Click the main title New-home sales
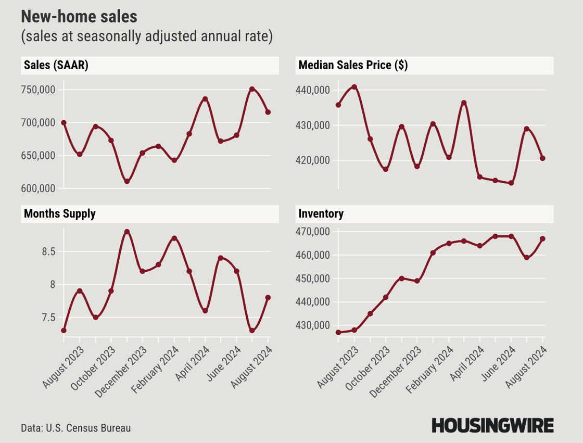(x=79, y=17)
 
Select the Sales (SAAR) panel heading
(x=55, y=66)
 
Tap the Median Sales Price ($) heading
(x=352, y=66)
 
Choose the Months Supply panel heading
(x=59, y=213)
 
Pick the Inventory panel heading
(x=320, y=213)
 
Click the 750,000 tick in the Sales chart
(x=40, y=90)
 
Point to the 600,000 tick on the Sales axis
(x=40, y=188)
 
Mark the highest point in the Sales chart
(x=252, y=89)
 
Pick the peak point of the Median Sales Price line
(x=354, y=87)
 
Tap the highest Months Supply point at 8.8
(x=126, y=232)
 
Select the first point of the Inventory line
(x=338, y=332)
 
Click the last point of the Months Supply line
(x=268, y=298)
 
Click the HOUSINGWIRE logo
(x=492, y=425)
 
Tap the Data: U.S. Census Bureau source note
(x=76, y=428)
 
